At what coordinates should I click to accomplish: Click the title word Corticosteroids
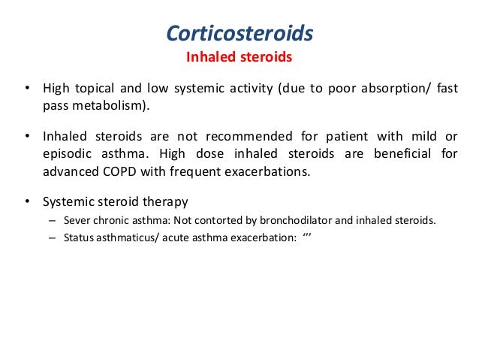pos(239,34)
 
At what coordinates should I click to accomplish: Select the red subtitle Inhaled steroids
pos(239,57)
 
